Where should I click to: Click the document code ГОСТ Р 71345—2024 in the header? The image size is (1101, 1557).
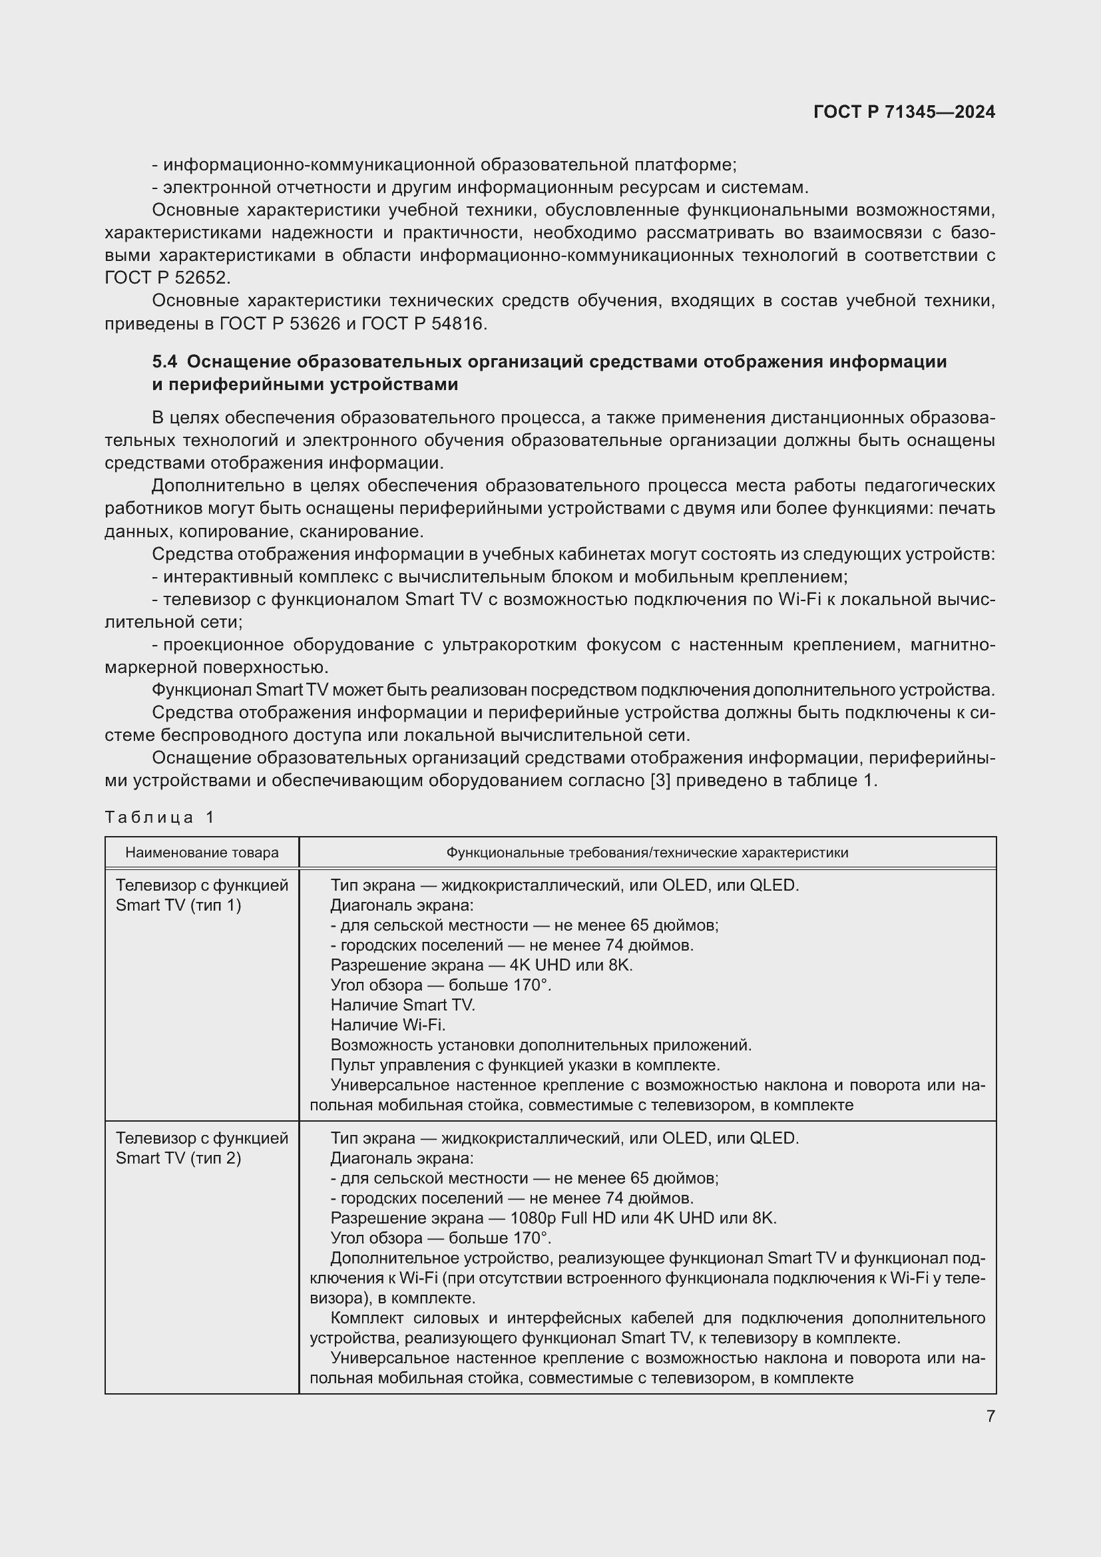pyautogui.click(x=904, y=112)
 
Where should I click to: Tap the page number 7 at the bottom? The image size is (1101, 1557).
pyautogui.click(x=991, y=1416)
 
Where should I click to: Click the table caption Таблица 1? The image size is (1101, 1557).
pyautogui.click(x=159, y=817)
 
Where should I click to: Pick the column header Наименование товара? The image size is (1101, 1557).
pyautogui.click(x=202, y=853)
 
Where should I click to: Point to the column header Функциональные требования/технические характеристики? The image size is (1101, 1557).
pyautogui.click(x=647, y=853)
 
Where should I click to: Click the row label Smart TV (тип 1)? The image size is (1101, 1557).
pyautogui.click(x=178, y=905)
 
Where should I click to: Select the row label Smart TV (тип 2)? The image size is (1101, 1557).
pyautogui.click(x=178, y=1158)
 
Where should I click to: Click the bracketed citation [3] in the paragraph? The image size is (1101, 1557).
pyautogui.click(x=660, y=781)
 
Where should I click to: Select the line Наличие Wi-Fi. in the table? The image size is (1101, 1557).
pyautogui.click(x=388, y=1024)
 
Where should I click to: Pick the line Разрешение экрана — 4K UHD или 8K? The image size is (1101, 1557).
pyautogui.click(x=481, y=965)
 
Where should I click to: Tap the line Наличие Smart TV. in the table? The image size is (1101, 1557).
pyautogui.click(x=403, y=1005)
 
